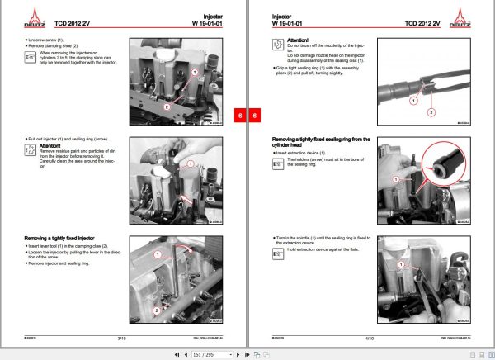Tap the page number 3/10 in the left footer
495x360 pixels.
[121, 338]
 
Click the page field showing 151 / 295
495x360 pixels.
[204, 353]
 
